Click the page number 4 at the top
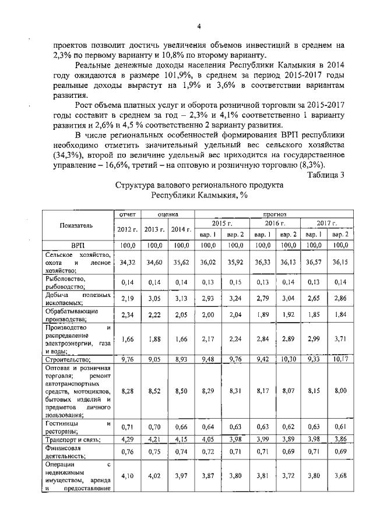[199, 26]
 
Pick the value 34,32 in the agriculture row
[128, 263]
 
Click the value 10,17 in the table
[339, 359]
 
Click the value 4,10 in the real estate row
[128, 476]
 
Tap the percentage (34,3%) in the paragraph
[62, 155]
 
